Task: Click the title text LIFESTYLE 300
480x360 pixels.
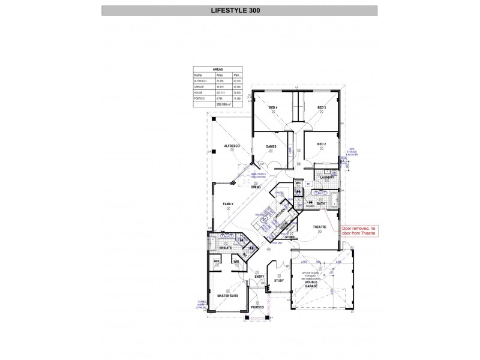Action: point(239,10)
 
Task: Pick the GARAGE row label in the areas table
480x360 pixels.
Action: point(200,86)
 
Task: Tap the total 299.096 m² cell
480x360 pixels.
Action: point(223,104)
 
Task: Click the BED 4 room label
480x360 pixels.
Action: point(273,107)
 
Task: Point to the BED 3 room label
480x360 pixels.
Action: point(322,107)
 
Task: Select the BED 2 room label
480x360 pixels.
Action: point(322,144)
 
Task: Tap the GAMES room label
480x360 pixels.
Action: point(271,145)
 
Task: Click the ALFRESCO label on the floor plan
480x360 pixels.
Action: point(232,146)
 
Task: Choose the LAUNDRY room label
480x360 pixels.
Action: point(327,177)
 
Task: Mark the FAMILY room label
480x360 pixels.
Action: point(228,204)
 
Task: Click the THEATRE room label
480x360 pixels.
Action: point(319,227)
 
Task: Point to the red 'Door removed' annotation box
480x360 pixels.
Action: point(359,232)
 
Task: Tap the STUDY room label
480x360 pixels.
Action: point(278,280)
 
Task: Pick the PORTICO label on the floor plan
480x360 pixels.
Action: point(257,307)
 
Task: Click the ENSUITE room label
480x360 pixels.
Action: point(226,247)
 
